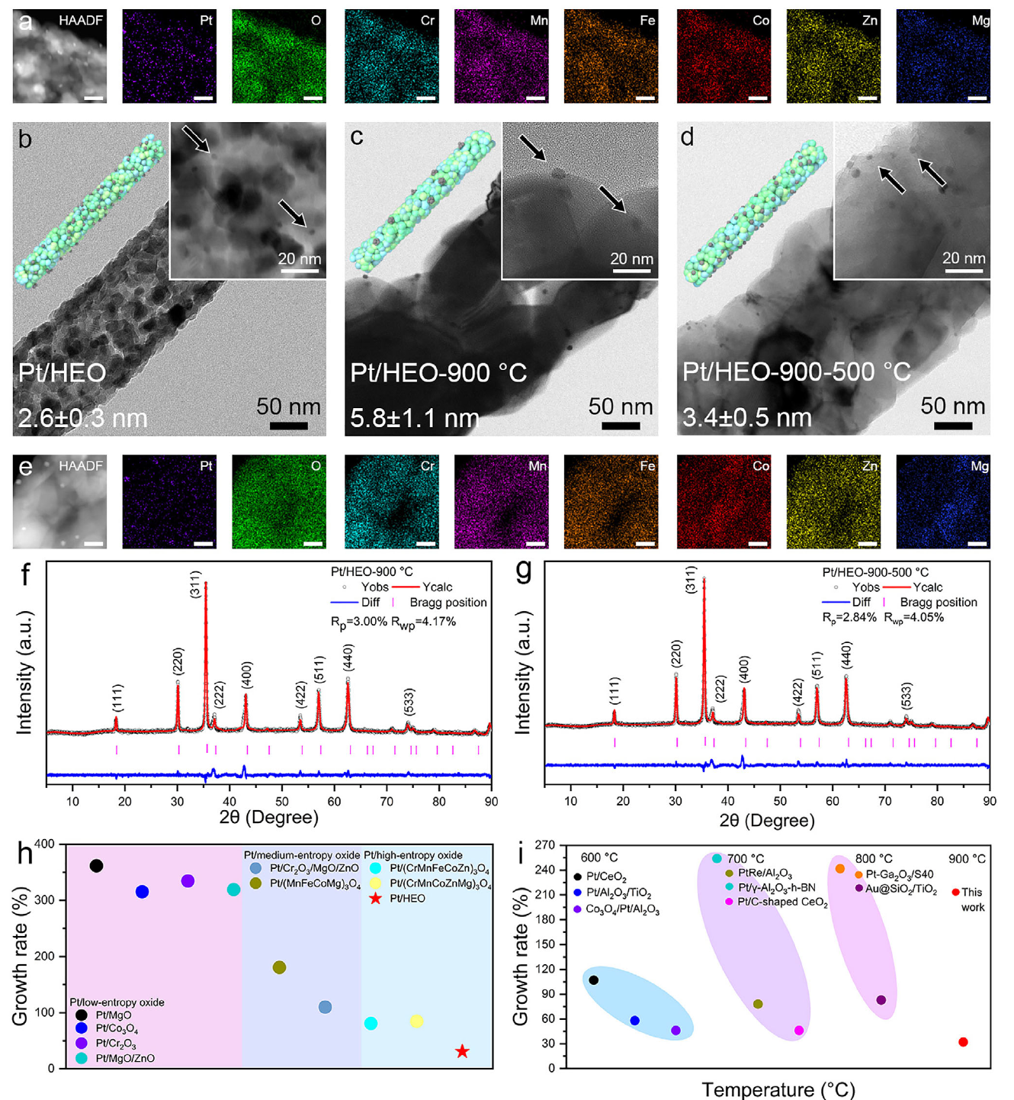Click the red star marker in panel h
461,1051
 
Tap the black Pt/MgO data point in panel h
96,866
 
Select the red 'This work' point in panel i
963,1042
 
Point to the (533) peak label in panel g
907,695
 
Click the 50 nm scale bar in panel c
621,426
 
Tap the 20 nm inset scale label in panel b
300,259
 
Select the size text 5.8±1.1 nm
415,418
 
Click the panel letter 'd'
688,137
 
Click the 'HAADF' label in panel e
80,465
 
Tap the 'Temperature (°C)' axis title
778,1089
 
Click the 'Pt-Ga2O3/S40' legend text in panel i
899,874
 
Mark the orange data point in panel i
840,869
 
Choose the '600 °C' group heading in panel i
599,858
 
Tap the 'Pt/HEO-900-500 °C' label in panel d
796,372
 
